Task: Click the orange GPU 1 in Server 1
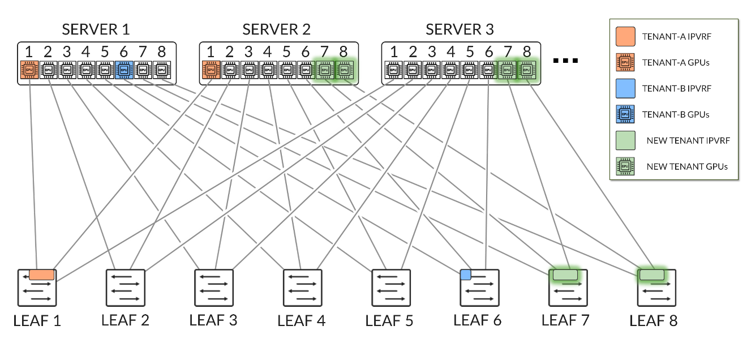(28, 70)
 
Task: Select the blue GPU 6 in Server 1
(123, 70)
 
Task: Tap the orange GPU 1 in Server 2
(211, 70)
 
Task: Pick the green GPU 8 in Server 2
(344, 70)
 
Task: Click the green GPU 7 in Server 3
(507, 70)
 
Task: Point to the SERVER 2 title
(277, 29)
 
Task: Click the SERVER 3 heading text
(460, 29)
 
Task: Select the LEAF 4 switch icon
(303, 288)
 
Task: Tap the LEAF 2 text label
(125, 320)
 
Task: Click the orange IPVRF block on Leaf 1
(41, 275)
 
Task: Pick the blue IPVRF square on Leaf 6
(466, 275)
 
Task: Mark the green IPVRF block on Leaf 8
(651, 275)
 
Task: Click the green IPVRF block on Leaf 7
(565, 275)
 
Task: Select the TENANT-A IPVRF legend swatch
(625, 36)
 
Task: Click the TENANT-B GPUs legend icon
(625, 114)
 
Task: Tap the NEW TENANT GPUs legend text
(686, 166)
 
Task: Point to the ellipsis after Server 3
(564, 60)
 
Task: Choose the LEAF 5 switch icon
(391, 288)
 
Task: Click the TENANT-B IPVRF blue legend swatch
(625, 88)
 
